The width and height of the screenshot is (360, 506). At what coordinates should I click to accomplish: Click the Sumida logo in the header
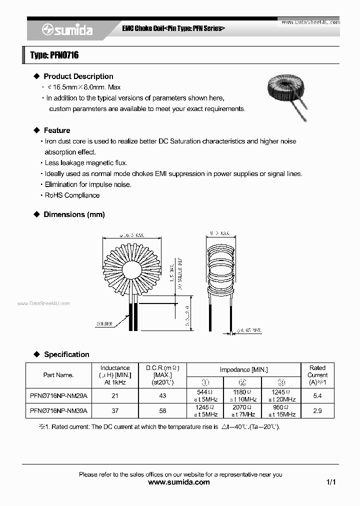point(68,30)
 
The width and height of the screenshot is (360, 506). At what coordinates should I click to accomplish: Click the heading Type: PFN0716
point(54,55)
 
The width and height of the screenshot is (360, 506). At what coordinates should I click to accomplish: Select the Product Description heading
point(78,76)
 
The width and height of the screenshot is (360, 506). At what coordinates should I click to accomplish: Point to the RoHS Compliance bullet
point(72,195)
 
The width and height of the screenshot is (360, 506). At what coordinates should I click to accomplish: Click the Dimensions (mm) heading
point(74,214)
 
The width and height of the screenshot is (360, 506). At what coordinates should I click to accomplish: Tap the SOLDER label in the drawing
point(104,324)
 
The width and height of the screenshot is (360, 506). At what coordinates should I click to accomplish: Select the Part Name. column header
point(58,375)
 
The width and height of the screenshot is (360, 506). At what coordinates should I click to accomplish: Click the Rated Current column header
point(317,374)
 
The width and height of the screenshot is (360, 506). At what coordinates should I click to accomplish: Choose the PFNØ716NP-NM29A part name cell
point(58,395)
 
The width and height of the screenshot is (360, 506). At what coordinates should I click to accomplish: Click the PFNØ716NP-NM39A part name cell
point(58,410)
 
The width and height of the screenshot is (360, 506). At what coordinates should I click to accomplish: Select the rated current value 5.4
point(317,395)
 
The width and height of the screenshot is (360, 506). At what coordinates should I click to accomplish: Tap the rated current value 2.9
point(317,410)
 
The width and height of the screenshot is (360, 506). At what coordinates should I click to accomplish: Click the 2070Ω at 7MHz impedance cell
point(243,410)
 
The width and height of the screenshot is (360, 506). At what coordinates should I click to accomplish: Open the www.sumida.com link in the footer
point(179,482)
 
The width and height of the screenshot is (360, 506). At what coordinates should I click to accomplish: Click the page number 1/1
point(330,482)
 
